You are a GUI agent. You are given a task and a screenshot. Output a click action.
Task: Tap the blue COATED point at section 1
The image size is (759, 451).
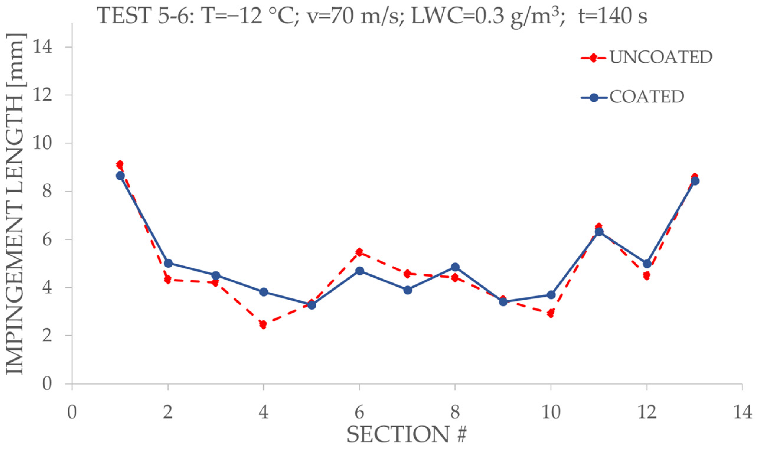tap(120, 176)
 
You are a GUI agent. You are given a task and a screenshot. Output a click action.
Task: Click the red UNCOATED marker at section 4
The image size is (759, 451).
tap(263, 325)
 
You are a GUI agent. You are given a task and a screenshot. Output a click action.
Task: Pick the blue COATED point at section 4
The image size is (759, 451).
tap(264, 292)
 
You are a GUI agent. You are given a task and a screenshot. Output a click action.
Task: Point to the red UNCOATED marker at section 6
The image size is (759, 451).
tap(359, 252)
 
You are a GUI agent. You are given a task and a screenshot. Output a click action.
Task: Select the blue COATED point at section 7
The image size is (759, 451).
tap(408, 290)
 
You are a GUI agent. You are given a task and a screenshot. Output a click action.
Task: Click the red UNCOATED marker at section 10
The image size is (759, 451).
tap(551, 313)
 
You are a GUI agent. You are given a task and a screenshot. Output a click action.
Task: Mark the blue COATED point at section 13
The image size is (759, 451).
tap(695, 181)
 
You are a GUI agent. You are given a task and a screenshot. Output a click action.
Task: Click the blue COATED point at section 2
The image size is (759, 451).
tap(168, 263)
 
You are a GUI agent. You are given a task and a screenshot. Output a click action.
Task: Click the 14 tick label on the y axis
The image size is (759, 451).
tap(43, 47)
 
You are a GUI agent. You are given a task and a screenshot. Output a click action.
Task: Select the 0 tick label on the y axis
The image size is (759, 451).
tap(48, 383)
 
